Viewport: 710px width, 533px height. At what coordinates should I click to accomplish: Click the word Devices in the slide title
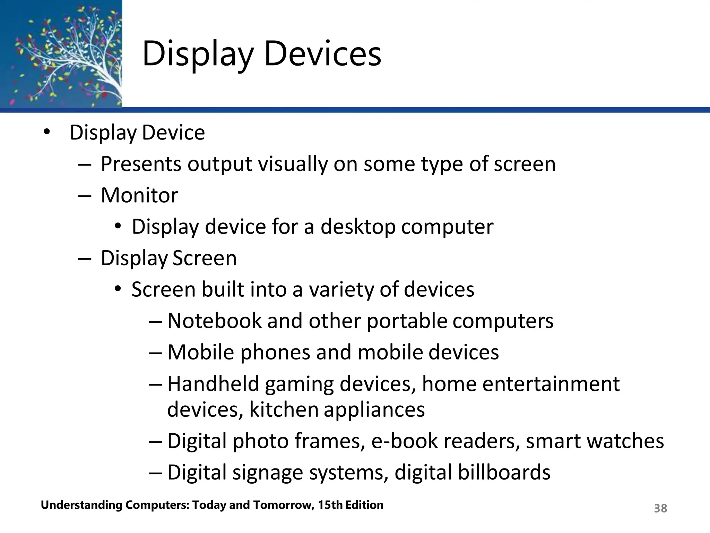(322, 54)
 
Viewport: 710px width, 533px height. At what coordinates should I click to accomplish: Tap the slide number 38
(660, 508)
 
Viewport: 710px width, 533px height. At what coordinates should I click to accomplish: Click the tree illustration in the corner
(61, 54)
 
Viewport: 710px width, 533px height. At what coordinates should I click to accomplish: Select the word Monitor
(139, 195)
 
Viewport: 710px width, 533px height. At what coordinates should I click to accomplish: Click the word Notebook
(214, 321)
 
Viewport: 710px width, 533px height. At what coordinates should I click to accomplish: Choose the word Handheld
(213, 384)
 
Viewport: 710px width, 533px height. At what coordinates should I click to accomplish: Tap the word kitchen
(284, 409)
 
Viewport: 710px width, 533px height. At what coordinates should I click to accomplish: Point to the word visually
(293, 164)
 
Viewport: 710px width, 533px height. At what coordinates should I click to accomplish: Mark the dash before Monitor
(84, 195)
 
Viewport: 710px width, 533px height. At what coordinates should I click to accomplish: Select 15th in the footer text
(330, 505)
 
